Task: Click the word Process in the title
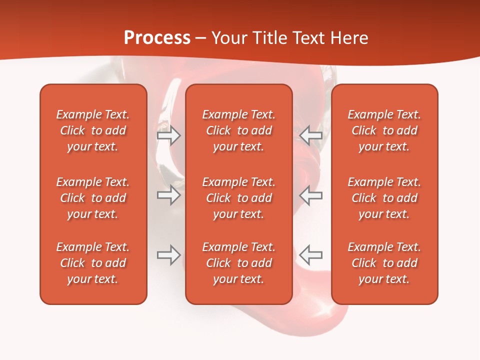point(157,38)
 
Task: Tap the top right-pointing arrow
point(168,135)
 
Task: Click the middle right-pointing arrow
point(168,195)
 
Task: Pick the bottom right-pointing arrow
point(168,255)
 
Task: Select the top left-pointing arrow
point(311,135)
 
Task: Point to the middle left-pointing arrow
point(311,195)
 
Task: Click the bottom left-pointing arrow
point(311,255)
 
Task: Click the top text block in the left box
point(93,130)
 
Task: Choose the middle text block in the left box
point(93,198)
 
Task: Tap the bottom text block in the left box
point(93,263)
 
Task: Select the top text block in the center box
point(238,130)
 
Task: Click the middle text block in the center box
point(238,198)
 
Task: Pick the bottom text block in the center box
point(238,263)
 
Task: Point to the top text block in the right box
point(384,130)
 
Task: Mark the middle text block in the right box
point(384,198)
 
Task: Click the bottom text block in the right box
point(384,263)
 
